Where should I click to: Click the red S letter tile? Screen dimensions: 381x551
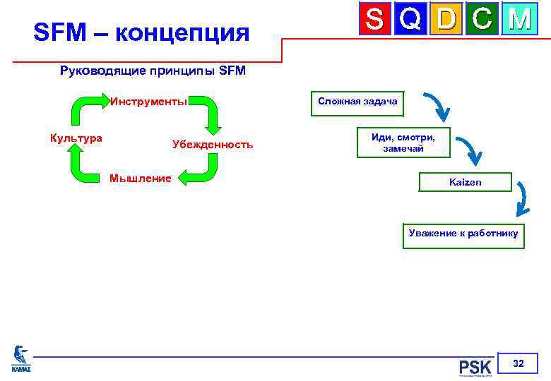point(376,20)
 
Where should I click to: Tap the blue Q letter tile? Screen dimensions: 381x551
point(412,20)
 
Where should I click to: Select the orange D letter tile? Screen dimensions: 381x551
point(446,20)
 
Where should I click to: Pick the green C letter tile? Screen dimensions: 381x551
point(482,20)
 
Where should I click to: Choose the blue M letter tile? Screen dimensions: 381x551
point(519,20)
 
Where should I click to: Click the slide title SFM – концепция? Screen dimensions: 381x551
point(141,32)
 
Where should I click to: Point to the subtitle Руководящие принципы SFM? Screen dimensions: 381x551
point(153,71)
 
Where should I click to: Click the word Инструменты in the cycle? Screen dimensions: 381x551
point(148,101)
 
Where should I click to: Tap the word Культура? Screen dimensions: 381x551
point(76,138)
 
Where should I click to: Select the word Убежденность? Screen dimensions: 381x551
point(212,144)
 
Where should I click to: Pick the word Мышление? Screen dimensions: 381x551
point(140,178)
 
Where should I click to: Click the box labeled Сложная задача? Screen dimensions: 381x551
point(357,102)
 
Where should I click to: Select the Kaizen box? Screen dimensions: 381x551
point(465,182)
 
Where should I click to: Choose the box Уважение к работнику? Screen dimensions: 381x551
point(463,234)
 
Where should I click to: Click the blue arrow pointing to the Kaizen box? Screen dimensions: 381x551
point(468,150)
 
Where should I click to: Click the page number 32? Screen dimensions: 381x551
point(518,363)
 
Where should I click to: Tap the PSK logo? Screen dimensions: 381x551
point(475,367)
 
